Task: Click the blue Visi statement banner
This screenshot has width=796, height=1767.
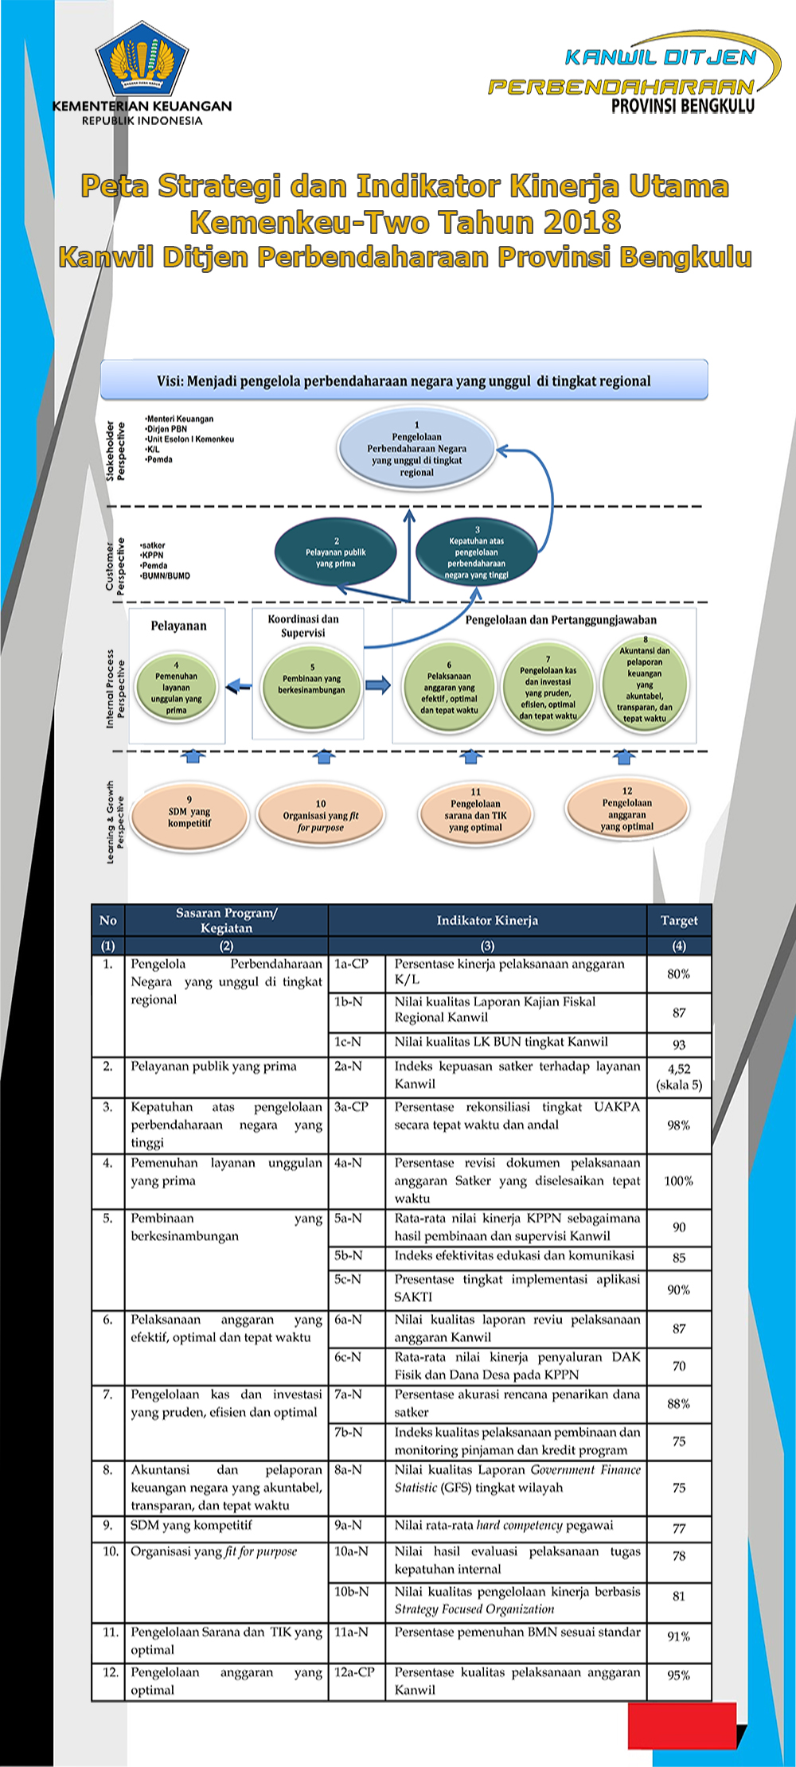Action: (x=404, y=380)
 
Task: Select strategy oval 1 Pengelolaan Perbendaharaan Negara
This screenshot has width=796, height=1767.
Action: (x=416, y=449)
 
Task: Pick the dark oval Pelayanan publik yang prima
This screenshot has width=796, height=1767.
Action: (x=335, y=552)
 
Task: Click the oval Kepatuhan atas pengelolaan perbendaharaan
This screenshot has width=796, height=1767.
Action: (x=476, y=552)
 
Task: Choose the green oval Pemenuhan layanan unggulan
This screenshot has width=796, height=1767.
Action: (x=176, y=688)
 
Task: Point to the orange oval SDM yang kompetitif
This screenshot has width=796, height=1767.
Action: (x=189, y=817)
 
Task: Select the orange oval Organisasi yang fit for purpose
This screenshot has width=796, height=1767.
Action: (x=321, y=816)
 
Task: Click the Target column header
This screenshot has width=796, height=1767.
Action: (x=679, y=920)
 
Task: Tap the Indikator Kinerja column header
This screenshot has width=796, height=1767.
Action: (x=487, y=920)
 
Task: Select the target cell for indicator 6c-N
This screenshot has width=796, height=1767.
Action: (x=679, y=1366)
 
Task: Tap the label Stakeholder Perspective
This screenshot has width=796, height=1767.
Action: (x=115, y=451)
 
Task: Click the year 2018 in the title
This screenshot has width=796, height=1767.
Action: (x=583, y=221)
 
